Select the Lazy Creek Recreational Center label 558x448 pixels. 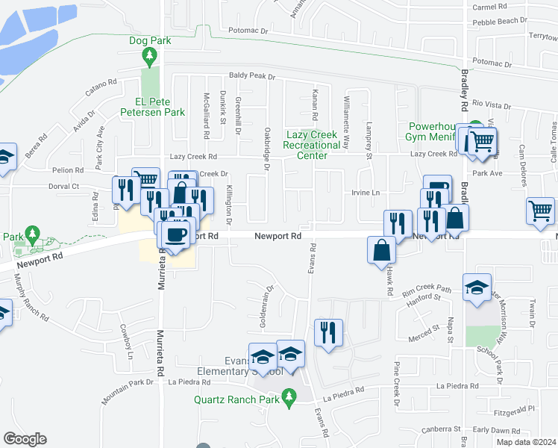click(x=313, y=145)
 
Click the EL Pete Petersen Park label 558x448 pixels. click(x=154, y=107)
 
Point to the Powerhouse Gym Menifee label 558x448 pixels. click(x=436, y=131)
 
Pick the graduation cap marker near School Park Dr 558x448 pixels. click(x=477, y=287)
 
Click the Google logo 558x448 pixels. click(x=25, y=439)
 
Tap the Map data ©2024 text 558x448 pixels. click(x=525, y=442)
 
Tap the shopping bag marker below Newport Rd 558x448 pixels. click(x=381, y=250)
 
